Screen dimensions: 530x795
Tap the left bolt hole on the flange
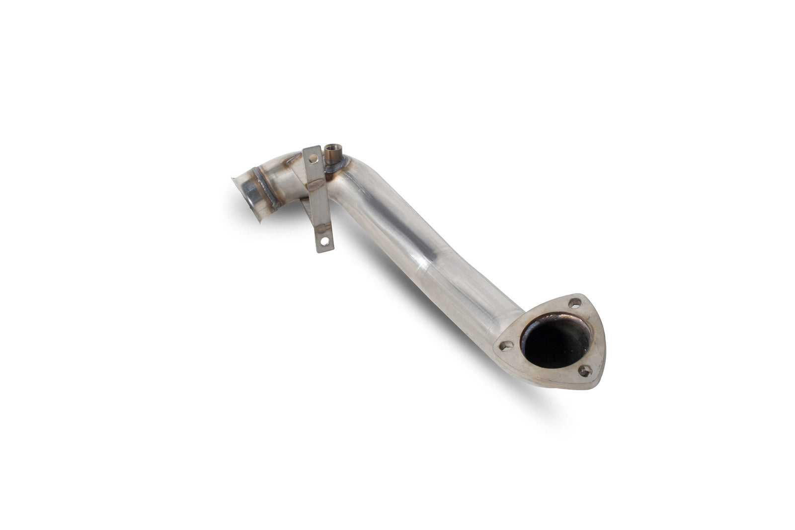tap(506, 345)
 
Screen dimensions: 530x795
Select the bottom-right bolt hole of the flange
tap(585, 370)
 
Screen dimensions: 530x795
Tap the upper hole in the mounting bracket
tap(313, 159)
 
